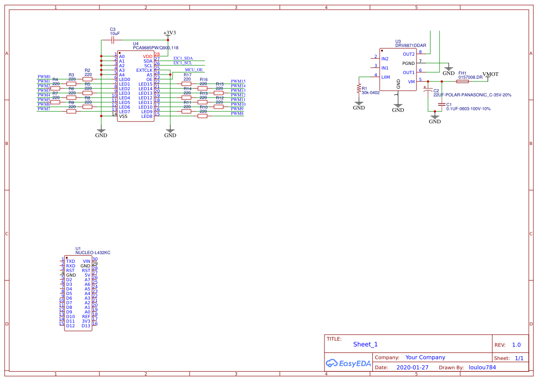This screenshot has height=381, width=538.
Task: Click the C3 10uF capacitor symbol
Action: point(113,40)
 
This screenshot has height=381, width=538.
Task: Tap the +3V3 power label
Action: point(170,33)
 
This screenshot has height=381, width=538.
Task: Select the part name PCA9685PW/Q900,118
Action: point(156,48)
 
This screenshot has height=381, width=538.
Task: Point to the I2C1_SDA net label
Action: point(183,58)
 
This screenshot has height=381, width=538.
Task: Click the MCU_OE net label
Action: point(194,69)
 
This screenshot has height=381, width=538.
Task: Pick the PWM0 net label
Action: point(44,76)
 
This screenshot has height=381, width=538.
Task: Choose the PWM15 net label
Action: point(238,81)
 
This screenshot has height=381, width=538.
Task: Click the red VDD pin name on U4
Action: point(147,56)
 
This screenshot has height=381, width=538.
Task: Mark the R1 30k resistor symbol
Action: point(359,88)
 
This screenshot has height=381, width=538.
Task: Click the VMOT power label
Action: point(490,74)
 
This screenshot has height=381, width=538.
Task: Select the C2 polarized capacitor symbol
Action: point(428,91)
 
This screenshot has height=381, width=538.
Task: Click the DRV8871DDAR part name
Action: point(411,46)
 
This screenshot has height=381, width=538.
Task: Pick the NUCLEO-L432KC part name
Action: point(93,253)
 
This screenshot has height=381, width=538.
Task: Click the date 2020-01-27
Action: point(412,368)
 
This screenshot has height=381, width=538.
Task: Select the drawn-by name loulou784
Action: point(482,368)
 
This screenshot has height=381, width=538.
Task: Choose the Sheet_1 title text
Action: point(365,344)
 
